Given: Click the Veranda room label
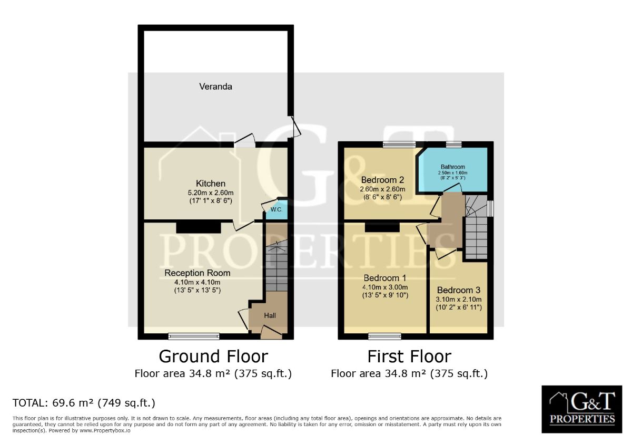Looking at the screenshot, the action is (215, 86).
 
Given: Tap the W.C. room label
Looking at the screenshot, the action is (276, 210).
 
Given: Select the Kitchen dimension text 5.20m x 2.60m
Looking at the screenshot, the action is (211, 193).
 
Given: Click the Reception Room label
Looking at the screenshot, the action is (197, 273).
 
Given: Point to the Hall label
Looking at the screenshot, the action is (270, 315).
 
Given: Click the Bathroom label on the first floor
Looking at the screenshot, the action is (453, 167).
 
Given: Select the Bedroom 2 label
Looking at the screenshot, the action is (382, 180).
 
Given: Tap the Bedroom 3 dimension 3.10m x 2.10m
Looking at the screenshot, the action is (459, 300).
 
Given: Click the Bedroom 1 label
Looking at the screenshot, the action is (385, 278).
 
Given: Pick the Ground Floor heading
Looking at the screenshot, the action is (213, 357).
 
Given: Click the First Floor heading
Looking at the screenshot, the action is (409, 357).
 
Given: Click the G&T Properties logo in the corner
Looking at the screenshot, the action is (582, 409).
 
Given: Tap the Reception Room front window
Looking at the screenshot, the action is (194, 336).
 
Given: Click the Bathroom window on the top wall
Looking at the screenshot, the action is (454, 145).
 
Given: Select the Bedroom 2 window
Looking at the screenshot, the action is (399, 145).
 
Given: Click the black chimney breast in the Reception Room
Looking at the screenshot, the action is (199, 227).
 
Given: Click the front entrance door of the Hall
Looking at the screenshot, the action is (271, 333).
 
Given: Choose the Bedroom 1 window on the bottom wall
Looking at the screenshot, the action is (384, 336).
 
